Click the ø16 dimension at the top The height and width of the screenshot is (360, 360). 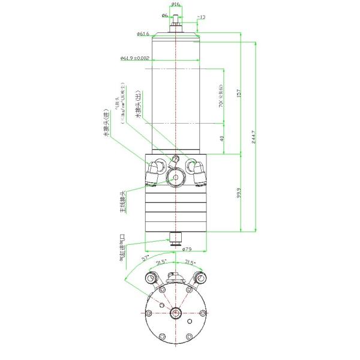(x=175, y=4)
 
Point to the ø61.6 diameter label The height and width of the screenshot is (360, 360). (x=143, y=34)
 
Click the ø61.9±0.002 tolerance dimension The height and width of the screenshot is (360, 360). (x=134, y=58)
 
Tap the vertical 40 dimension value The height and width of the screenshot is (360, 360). (x=221, y=139)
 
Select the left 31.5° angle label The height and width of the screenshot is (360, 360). (x=161, y=262)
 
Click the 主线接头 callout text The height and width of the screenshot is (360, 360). (x=122, y=203)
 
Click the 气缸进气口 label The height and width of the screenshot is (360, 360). (x=122, y=248)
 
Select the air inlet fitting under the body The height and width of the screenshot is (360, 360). (x=176, y=238)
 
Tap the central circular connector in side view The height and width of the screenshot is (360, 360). (x=176, y=177)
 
